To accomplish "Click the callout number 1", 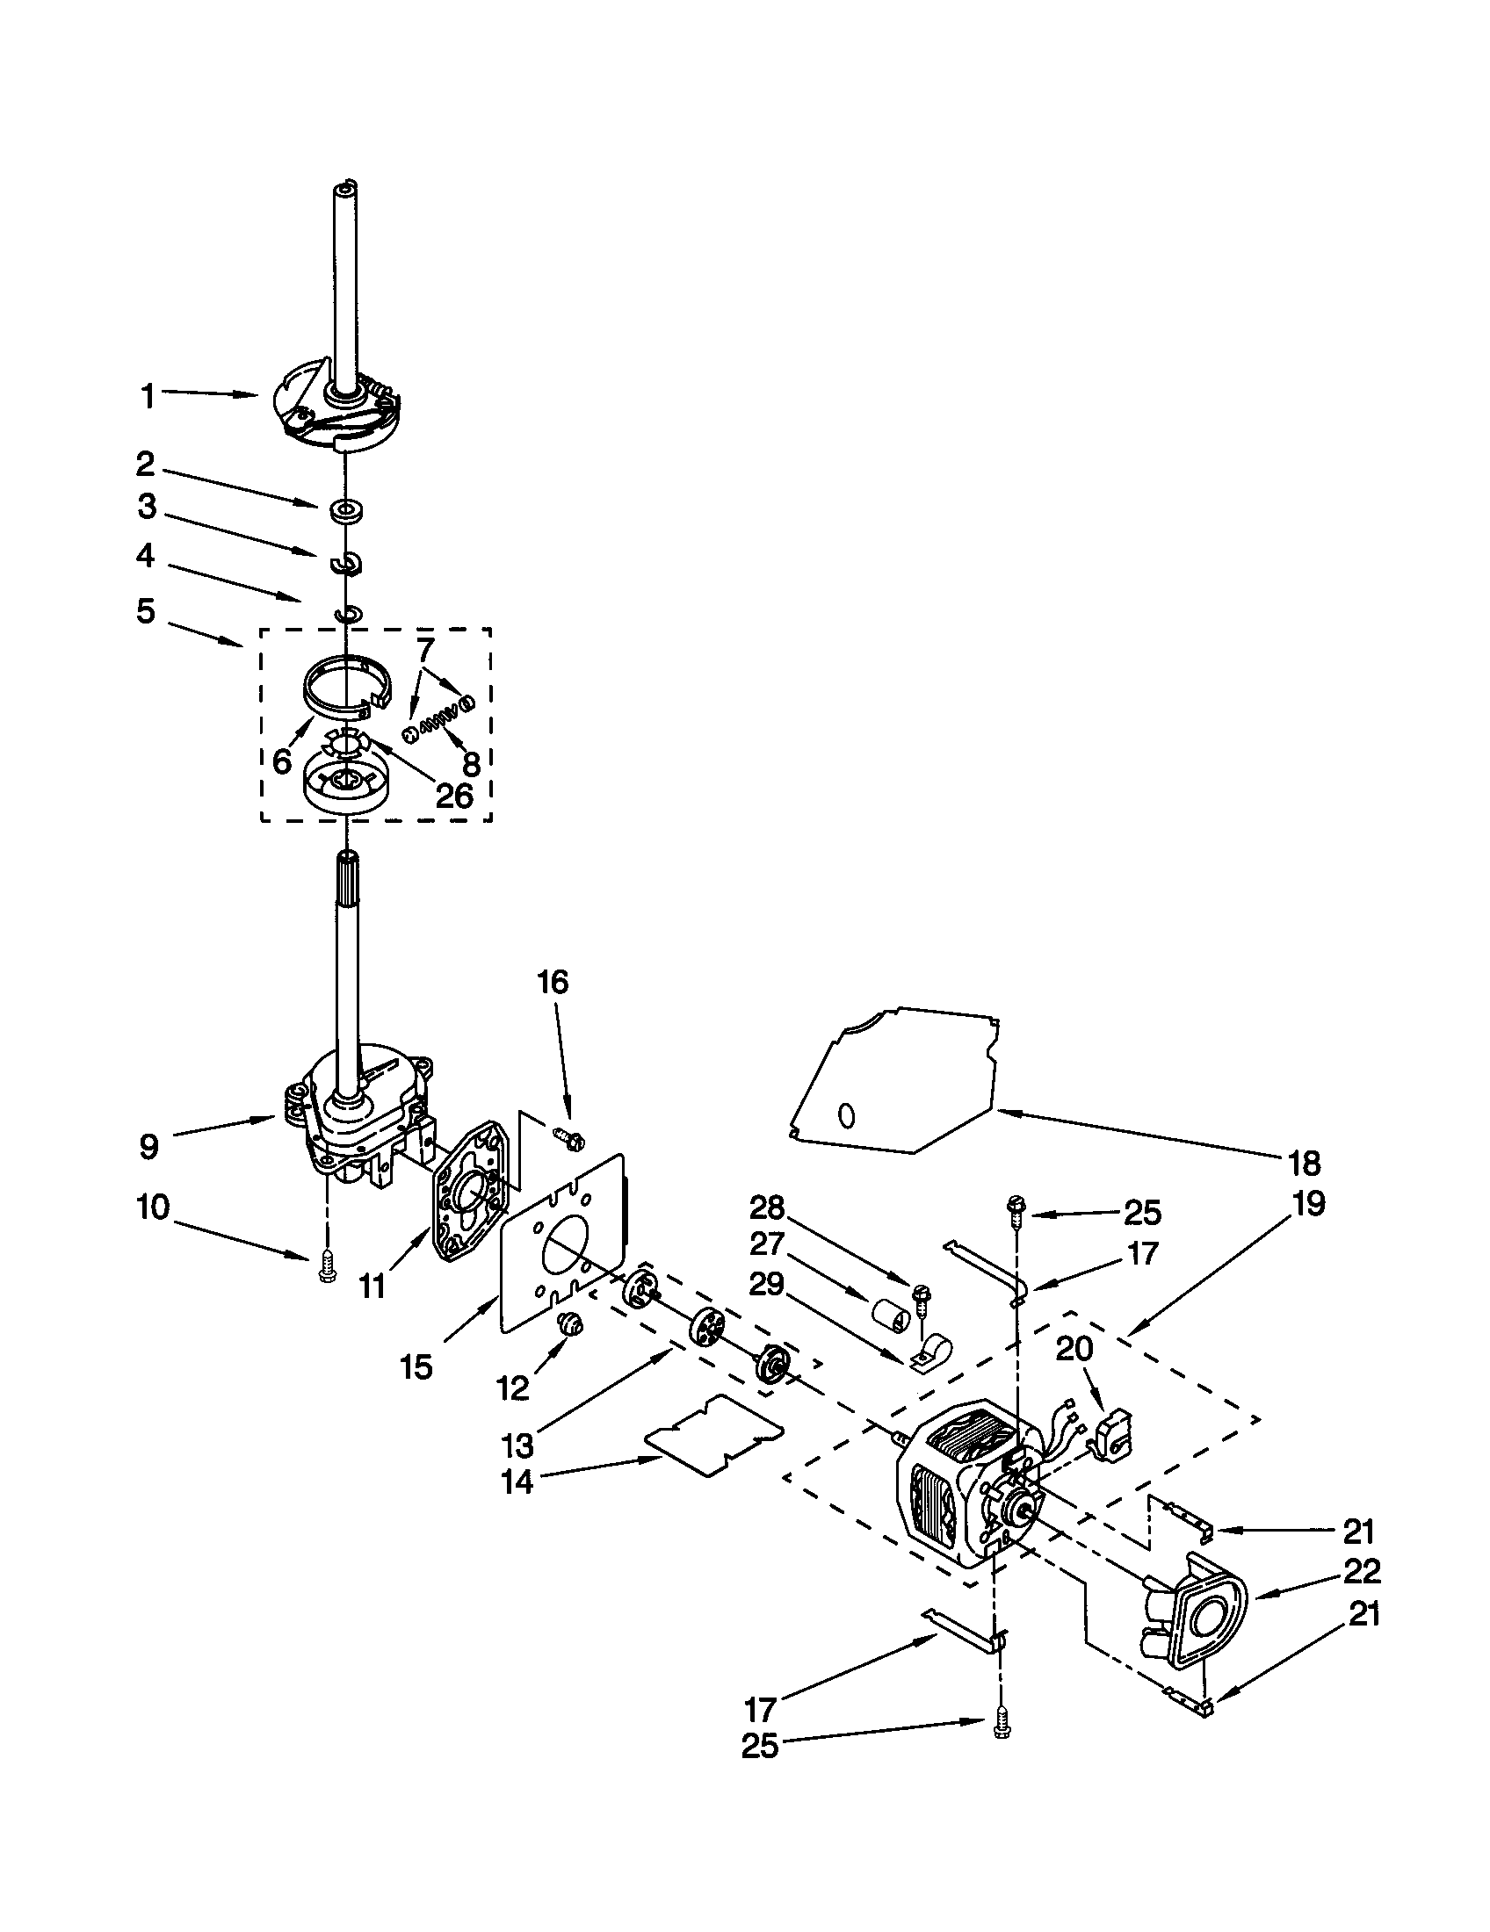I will [148, 397].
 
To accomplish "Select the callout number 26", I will [454, 796].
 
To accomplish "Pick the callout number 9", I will [148, 1148].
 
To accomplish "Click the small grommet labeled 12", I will [570, 1324].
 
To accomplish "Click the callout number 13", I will [517, 1445].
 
